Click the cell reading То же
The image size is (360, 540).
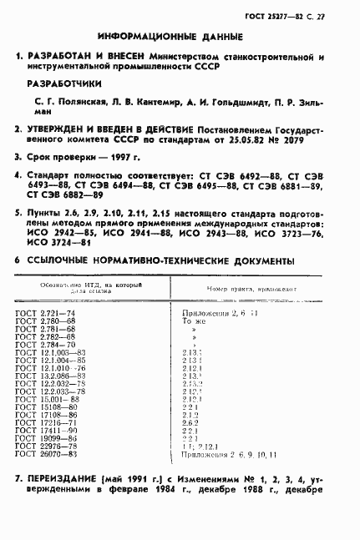194,320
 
